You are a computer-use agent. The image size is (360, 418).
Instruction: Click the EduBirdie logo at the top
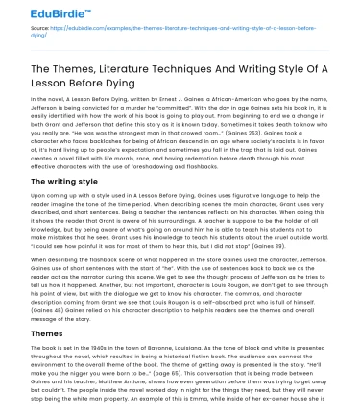(x=44, y=12)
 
